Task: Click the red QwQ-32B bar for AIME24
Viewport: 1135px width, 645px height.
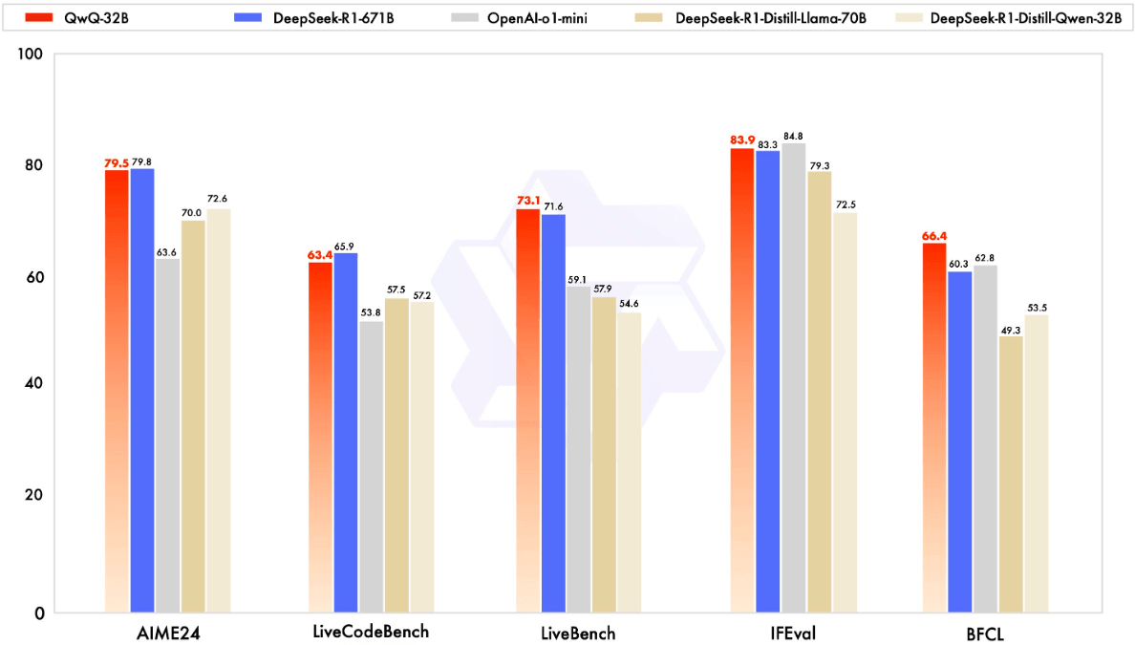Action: click(x=117, y=392)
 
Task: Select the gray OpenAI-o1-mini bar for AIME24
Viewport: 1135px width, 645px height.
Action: click(x=168, y=436)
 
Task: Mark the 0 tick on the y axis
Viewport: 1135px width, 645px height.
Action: click(x=39, y=613)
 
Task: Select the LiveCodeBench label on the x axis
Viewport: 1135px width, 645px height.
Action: click(x=371, y=633)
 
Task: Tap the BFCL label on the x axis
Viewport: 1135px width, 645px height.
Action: click(x=985, y=633)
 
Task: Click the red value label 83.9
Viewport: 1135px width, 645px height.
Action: click(x=742, y=140)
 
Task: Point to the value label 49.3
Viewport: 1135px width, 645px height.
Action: click(x=1011, y=330)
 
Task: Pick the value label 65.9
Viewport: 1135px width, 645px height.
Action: click(x=347, y=247)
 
